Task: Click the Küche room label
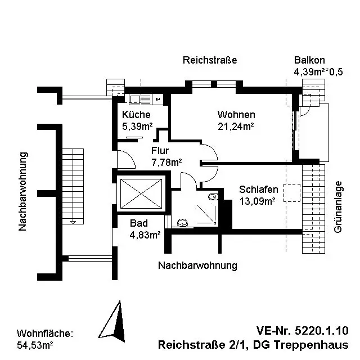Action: [136, 114]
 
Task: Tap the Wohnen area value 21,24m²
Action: [236, 127]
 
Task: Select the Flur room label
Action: [160, 151]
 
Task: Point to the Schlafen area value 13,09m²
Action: [258, 201]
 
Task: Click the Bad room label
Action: [139, 223]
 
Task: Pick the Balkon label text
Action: [309, 60]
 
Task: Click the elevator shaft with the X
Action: [141, 194]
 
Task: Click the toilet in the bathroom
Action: [213, 196]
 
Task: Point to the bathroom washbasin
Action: [182, 223]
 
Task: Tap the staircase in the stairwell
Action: [73, 186]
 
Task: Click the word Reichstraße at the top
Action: [210, 60]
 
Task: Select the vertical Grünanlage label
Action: [338, 207]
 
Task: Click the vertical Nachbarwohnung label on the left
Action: [23, 191]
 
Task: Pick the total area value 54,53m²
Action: [35, 345]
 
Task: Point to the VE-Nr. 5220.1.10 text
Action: [303, 331]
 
